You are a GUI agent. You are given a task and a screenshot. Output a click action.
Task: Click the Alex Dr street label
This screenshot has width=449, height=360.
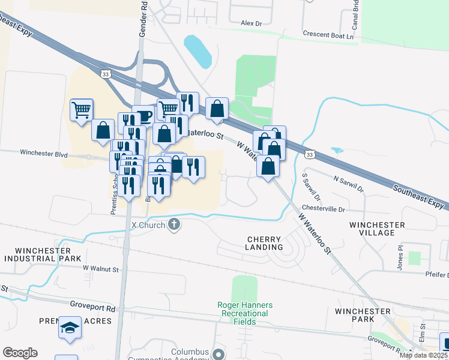coord(252,23)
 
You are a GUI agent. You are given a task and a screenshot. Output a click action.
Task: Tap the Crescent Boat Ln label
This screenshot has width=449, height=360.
coord(329,35)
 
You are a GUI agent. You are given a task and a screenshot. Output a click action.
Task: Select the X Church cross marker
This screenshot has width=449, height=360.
coord(174,224)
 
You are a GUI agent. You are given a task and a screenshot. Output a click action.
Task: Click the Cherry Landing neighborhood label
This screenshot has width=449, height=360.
coord(265,243)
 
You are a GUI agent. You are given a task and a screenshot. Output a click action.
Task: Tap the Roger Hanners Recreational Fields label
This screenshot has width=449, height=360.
coord(245,313)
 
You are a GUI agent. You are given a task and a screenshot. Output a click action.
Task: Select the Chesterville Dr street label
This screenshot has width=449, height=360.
coord(324,210)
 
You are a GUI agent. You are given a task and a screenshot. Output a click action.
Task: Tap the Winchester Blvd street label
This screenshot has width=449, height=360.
coord(44,153)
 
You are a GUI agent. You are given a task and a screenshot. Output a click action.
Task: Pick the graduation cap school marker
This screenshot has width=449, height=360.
coord(70,328)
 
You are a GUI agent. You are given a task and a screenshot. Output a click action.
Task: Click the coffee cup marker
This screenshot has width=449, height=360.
coord(144,115)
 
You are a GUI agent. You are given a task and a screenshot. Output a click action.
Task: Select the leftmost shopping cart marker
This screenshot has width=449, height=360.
coord(81,109)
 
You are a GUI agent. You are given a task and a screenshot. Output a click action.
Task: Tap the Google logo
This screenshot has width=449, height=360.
coord(20,353)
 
